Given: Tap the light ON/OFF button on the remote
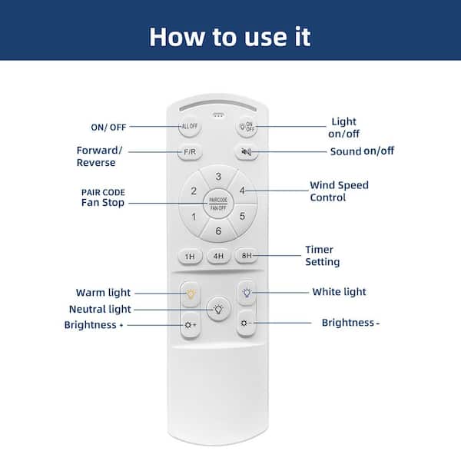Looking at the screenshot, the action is [x=247, y=127].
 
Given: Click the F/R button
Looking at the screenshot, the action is [x=190, y=152].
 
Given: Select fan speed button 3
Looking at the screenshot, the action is [x=218, y=177].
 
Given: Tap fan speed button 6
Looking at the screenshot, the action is [x=218, y=230].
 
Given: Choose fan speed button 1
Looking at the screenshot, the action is [x=194, y=217].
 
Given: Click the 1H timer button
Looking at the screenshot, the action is [x=191, y=257].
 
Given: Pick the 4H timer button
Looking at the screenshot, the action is [x=218, y=256].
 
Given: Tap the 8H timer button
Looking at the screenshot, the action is [x=247, y=256].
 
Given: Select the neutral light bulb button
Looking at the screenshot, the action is [x=218, y=309].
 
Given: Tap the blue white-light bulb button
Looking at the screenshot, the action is [x=247, y=294].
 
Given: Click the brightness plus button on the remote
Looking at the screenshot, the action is [x=191, y=325].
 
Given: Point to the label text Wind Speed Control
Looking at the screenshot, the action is [x=339, y=191].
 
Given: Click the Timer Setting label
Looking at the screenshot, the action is [x=322, y=256].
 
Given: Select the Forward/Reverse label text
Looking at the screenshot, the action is [x=99, y=157].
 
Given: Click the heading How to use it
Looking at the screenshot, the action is [x=230, y=37].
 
